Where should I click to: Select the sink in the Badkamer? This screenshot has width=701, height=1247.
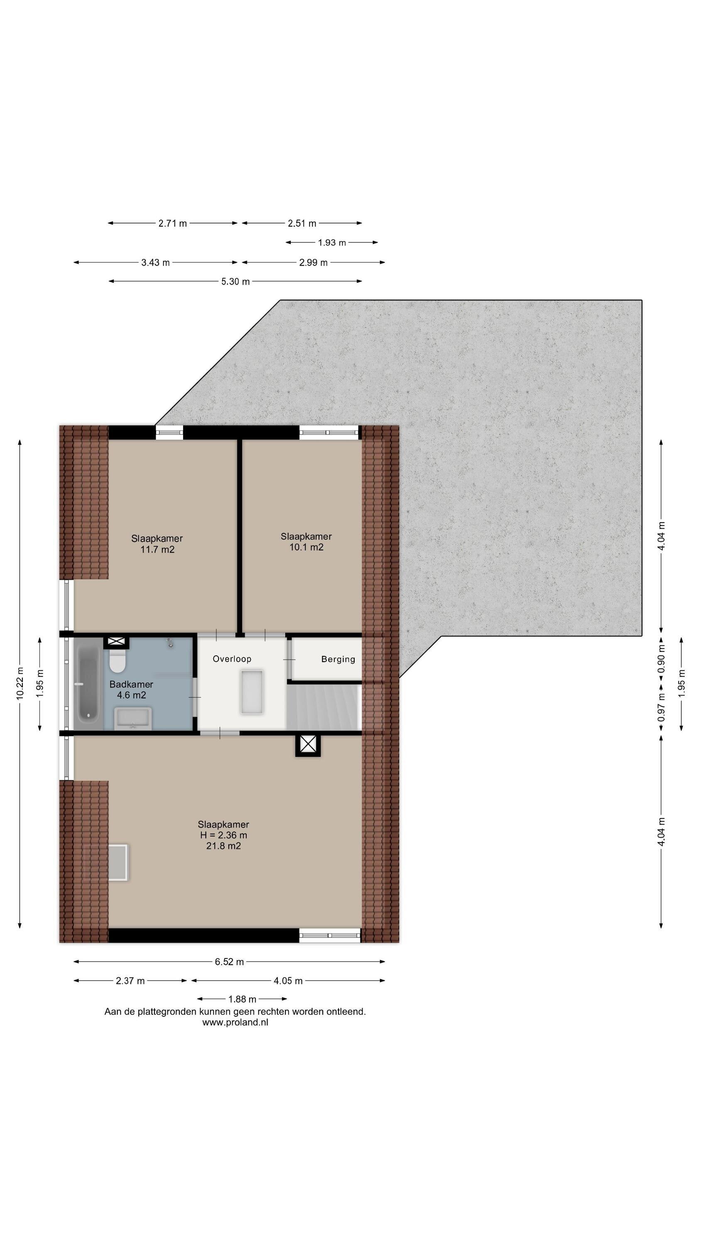[133, 718]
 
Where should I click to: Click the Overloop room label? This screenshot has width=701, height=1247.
[232, 659]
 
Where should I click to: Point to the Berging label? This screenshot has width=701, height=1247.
[338, 659]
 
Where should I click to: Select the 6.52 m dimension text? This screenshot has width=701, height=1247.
[229, 962]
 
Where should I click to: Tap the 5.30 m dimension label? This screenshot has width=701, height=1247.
[235, 282]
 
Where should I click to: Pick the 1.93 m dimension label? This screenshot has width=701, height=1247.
[332, 242]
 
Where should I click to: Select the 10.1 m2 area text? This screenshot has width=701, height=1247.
[306, 547]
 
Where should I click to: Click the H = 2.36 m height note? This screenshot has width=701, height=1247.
[223, 835]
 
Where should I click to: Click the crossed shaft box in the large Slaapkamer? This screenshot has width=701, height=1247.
[308, 744]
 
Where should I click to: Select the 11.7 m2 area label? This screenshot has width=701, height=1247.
[157, 550]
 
